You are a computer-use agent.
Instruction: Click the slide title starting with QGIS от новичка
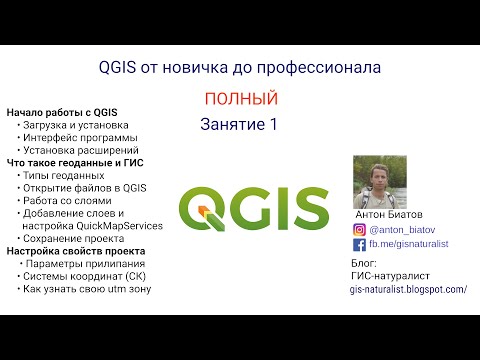(x=240, y=68)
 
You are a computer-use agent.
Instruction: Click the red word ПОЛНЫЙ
(x=239, y=99)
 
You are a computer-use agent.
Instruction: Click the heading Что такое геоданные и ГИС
(x=74, y=161)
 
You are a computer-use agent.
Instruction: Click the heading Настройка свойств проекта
(x=75, y=251)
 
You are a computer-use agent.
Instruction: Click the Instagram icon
(x=360, y=229)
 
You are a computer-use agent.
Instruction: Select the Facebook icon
(x=360, y=243)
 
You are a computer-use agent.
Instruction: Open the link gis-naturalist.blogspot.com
(x=408, y=289)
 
